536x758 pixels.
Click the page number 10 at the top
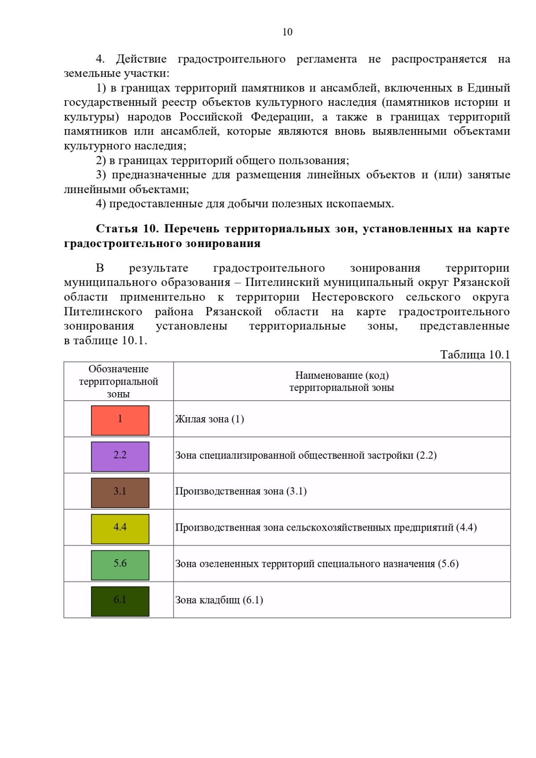click(x=287, y=32)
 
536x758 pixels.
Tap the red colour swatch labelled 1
click(x=120, y=420)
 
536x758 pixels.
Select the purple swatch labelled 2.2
click(x=120, y=456)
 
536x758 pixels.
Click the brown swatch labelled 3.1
click(x=120, y=493)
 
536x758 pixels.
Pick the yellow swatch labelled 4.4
click(x=120, y=529)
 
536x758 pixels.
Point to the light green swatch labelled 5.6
click(x=120, y=565)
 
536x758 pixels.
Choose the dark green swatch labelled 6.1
click(x=120, y=601)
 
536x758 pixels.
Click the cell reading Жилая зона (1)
click(x=209, y=419)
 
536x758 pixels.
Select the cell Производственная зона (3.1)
click(x=241, y=491)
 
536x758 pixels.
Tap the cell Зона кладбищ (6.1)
click(x=219, y=600)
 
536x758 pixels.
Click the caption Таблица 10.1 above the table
click(x=475, y=355)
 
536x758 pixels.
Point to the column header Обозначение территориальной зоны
click(x=118, y=381)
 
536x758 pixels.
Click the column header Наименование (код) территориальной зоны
click(x=342, y=381)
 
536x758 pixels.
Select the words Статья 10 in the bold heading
click(x=127, y=229)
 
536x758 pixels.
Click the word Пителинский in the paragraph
click(x=282, y=282)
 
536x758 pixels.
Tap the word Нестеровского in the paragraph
click(x=352, y=297)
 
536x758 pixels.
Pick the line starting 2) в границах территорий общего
click(x=222, y=160)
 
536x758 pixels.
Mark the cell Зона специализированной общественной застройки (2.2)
click(x=306, y=455)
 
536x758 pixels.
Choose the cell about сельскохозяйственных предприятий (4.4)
click(x=326, y=528)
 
